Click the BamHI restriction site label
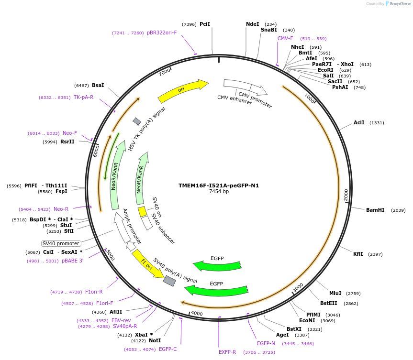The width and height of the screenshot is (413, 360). pyautogui.click(x=375, y=210)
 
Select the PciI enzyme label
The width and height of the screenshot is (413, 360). pyautogui.click(x=204, y=24)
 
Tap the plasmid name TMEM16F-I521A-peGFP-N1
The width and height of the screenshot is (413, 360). pyautogui.click(x=219, y=185)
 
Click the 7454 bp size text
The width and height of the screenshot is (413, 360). pyautogui.click(x=219, y=191)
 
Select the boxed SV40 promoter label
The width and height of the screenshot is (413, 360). pyautogui.click(x=61, y=243)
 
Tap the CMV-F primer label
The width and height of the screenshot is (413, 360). pyautogui.click(x=285, y=38)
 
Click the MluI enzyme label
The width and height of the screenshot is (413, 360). pyautogui.click(x=335, y=293)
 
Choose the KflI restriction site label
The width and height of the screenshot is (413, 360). pyautogui.click(x=358, y=254)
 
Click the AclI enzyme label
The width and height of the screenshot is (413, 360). pyautogui.click(x=359, y=122)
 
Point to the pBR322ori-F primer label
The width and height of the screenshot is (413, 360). pyautogui.click(x=162, y=33)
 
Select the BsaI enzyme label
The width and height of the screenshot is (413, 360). pyautogui.click(x=98, y=85)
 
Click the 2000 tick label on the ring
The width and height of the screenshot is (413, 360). pyautogui.click(x=346, y=195)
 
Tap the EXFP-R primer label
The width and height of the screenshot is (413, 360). pyautogui.click(x=227, y=352)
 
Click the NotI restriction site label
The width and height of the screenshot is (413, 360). pyautogui.click(x=155, y=340)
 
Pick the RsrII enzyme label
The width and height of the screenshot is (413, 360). pyautogui.click(x=67, y=142)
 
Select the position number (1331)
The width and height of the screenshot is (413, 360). pyautogui.click(x=377, y=123)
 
